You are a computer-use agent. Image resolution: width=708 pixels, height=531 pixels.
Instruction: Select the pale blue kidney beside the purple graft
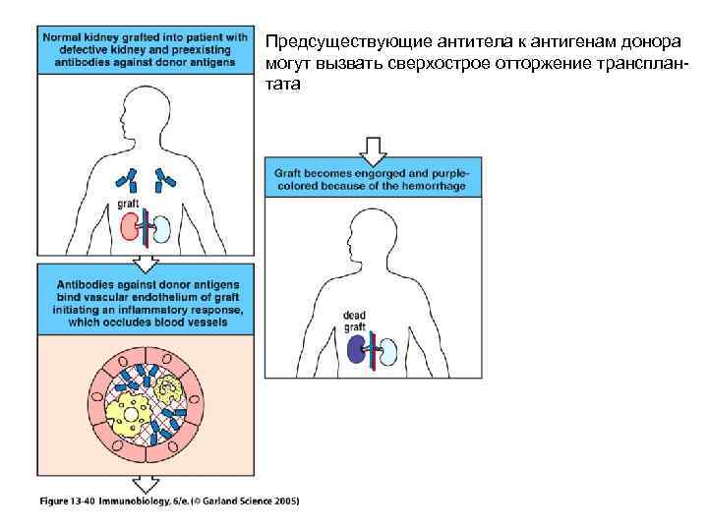coord(390,349)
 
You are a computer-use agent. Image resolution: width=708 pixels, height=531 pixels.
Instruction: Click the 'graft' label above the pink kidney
coord(128,205)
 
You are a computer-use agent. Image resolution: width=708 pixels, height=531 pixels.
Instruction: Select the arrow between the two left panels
coord(146,262)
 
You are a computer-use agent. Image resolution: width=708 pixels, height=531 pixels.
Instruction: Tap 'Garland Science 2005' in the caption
coord(246,501)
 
